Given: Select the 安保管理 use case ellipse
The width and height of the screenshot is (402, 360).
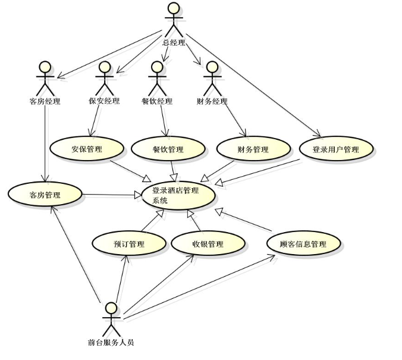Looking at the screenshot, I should click(87, 149).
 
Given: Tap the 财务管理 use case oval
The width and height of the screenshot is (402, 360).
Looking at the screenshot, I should click(252, 149).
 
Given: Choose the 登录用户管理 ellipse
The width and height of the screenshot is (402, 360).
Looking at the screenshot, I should click(336, 149).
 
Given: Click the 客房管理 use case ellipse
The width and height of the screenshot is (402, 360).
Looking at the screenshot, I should click(45, 194).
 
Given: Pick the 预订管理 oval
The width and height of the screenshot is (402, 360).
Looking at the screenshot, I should click(129, 243).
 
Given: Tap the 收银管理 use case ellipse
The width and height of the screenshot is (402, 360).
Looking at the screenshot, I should click(208, 243).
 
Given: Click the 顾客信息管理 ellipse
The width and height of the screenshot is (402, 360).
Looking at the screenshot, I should click(303, 243).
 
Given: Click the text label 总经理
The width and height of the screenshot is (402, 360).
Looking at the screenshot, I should click(174, 42).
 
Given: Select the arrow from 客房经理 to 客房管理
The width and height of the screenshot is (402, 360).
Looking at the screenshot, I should click(46, 143).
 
